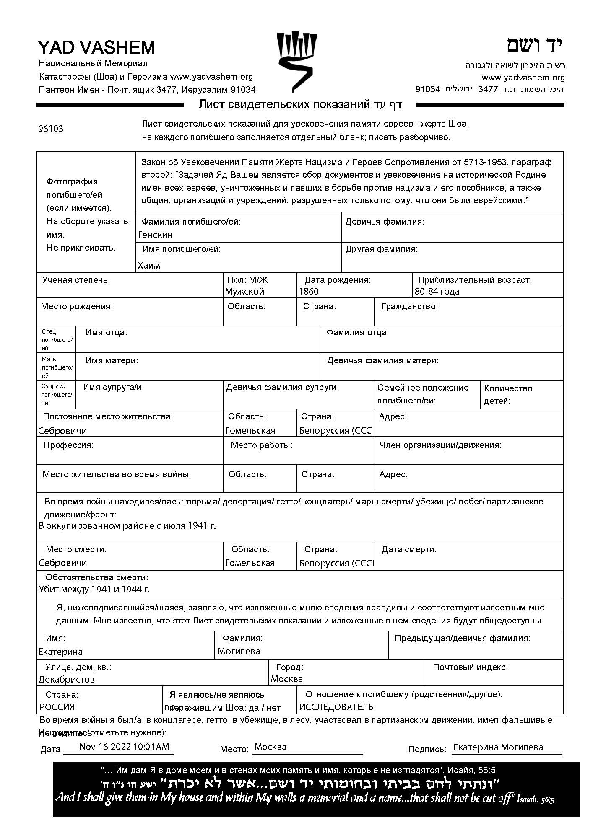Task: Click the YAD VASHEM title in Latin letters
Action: [x=96, y=47]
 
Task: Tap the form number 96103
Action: [x=51, y=129]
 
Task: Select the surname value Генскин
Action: [x=155, y=235]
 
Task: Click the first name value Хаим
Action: [x=149, y=265]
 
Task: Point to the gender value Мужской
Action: [x=244, y=292]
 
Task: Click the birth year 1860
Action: [x=309, y=292]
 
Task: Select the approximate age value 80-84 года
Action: [x=437, y=292]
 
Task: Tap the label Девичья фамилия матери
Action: [x=383, y=360]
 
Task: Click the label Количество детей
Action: [x=508, y=394]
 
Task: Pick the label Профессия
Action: [x=68, y=445]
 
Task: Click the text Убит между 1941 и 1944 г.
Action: [x=94, y=590]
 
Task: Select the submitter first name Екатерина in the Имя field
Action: [x=60, y=652]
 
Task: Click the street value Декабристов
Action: [x=66, y=679]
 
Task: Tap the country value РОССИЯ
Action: [x=57, y=707]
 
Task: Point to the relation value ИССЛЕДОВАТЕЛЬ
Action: [x=336, y=707]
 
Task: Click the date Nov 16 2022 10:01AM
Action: [x=124, y=747]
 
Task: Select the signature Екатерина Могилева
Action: [x=498, y=747]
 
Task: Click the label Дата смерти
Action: [x=409, y=549]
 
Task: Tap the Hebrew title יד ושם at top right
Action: [x=535, y=45]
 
